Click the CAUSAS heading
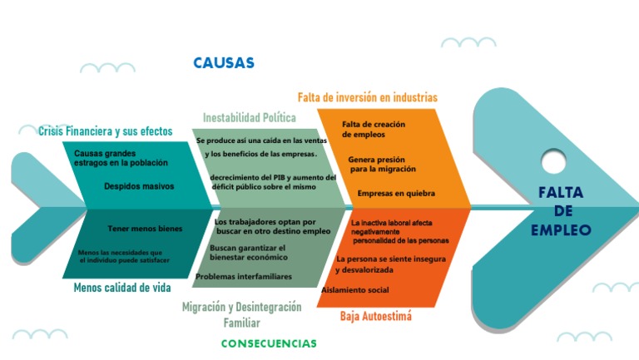point(224,63)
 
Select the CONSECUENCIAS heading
point(269,343)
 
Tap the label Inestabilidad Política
point(250,117)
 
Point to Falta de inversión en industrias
point(368,97)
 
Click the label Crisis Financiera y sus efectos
point(105,131)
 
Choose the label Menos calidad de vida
point(122,288)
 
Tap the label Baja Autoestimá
point(376,317)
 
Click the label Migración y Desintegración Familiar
point(242,314)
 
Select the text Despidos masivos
point(139,186)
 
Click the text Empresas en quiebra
point(396,193)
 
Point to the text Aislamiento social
point(355,289)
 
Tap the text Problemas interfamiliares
point(244,276)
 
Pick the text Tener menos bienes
point(146,228)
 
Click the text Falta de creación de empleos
point(374,129)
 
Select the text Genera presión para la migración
point(382,164)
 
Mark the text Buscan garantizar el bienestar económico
point(248,253)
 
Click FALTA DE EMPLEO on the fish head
point(561,211)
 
